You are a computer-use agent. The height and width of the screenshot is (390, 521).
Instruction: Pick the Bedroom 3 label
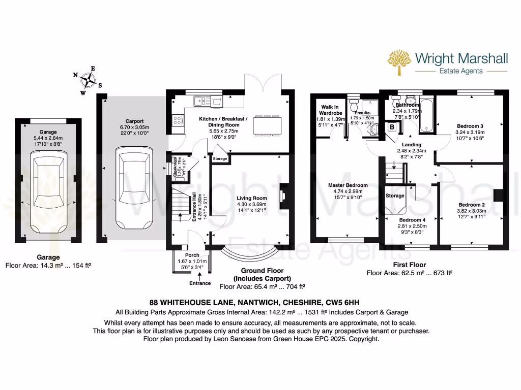(x=470, y=126)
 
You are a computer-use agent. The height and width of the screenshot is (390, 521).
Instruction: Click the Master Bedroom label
(x=348, y=185)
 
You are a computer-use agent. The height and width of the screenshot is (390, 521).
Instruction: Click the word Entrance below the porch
(x=200, y=283)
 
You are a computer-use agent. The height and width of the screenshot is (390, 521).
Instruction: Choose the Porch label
(x=192, y=255)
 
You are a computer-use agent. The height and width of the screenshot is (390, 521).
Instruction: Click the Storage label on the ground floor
(x=220, y=159)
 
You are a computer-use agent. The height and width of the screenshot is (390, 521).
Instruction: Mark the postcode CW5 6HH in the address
(x=353, y=302)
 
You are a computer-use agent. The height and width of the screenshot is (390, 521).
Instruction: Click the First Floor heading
(x=409, y=265)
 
